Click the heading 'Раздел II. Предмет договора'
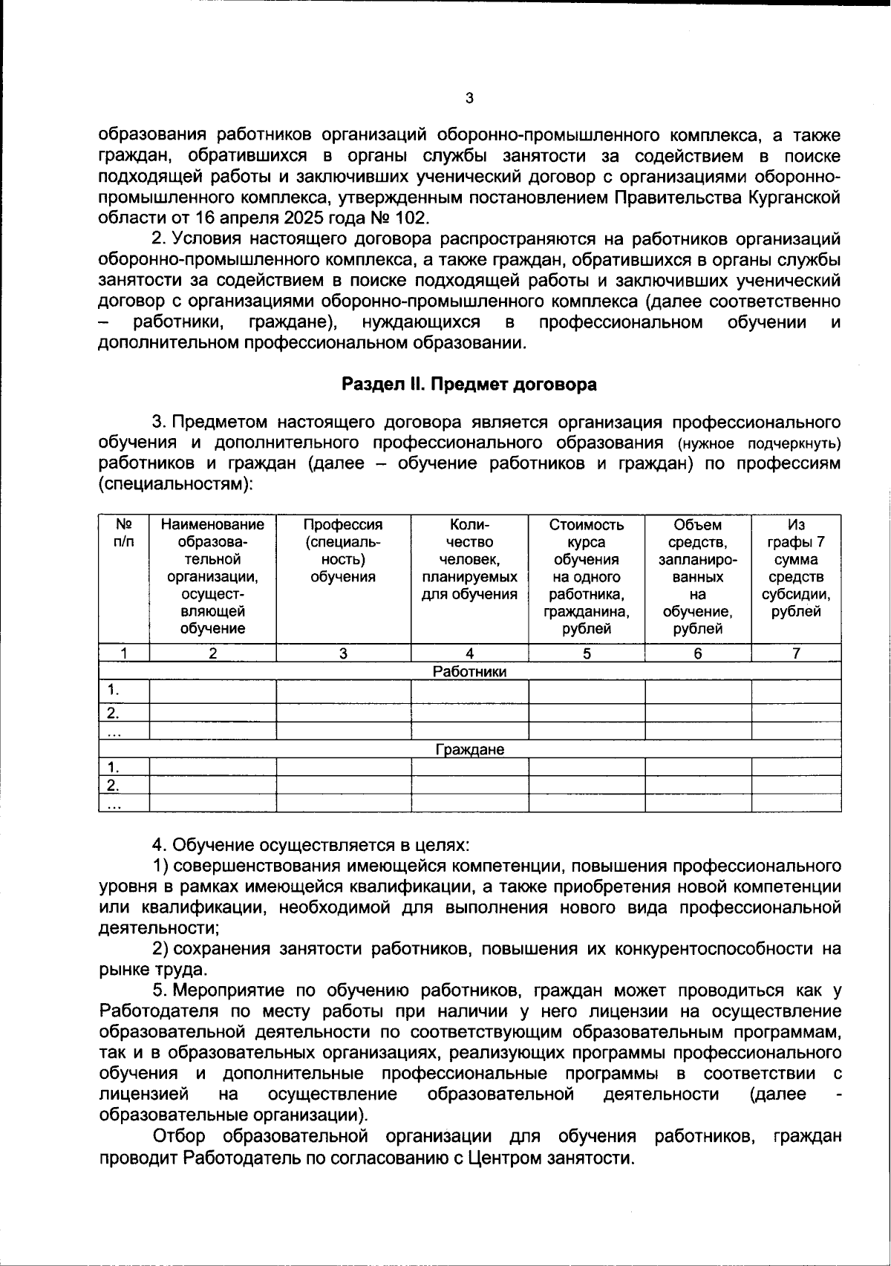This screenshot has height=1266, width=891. point(469,385)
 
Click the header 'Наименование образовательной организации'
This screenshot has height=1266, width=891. point(212,576)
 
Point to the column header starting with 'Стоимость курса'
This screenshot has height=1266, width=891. point(587,576)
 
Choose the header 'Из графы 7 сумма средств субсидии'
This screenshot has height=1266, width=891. point(796,568)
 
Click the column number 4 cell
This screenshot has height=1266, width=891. point(469,653)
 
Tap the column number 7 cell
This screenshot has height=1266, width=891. point(796,653)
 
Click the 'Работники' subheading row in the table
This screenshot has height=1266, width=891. point(469,672)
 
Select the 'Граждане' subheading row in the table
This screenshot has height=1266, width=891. point(469,750)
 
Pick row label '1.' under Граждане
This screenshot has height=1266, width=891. point(114,767)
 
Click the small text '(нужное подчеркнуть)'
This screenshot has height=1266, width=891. point(759,444)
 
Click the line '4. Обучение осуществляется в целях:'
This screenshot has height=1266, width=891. point(311,846)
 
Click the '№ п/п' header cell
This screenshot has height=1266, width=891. point(124,533)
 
